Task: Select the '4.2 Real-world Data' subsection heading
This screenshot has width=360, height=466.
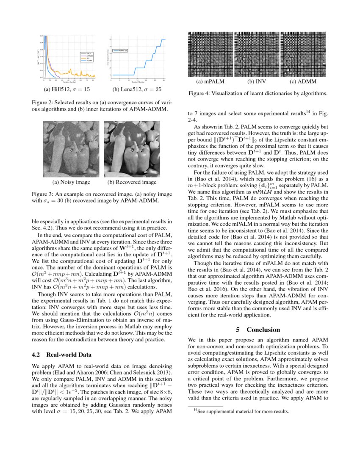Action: [63, 355]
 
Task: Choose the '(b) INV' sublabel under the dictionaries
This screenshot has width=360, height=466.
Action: [257, 81]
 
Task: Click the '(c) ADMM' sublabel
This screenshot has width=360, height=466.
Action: [303, 81]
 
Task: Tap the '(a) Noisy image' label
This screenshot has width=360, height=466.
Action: [71, 182]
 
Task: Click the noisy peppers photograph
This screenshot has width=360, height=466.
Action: [71, 149]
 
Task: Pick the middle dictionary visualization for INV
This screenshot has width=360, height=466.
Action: [257, 54]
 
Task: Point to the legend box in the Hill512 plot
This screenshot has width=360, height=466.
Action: [87, 58]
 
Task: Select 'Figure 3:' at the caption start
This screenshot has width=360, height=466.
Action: [44, 194]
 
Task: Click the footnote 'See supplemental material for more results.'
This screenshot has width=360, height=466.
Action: [241, 411]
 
